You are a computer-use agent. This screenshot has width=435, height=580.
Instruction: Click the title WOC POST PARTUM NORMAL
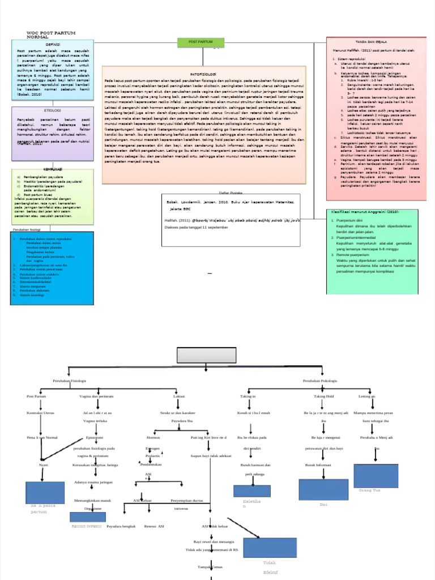click(51, 35)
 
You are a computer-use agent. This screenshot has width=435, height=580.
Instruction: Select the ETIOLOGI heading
click(52, 110)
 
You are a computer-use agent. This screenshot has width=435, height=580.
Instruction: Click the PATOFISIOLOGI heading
click(204, 74)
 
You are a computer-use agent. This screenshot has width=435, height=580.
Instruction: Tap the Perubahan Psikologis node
click(320, 381)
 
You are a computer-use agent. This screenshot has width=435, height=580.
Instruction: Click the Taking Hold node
click(324, 396)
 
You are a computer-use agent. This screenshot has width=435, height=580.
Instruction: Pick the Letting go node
click(366, 396)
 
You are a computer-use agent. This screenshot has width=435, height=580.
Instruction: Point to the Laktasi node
click(179, 396)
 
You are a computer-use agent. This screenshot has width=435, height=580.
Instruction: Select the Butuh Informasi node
click(318, 465)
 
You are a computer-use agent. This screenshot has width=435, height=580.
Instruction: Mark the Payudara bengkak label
click(121, 526)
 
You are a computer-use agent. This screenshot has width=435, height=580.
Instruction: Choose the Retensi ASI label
click(154, 526)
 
